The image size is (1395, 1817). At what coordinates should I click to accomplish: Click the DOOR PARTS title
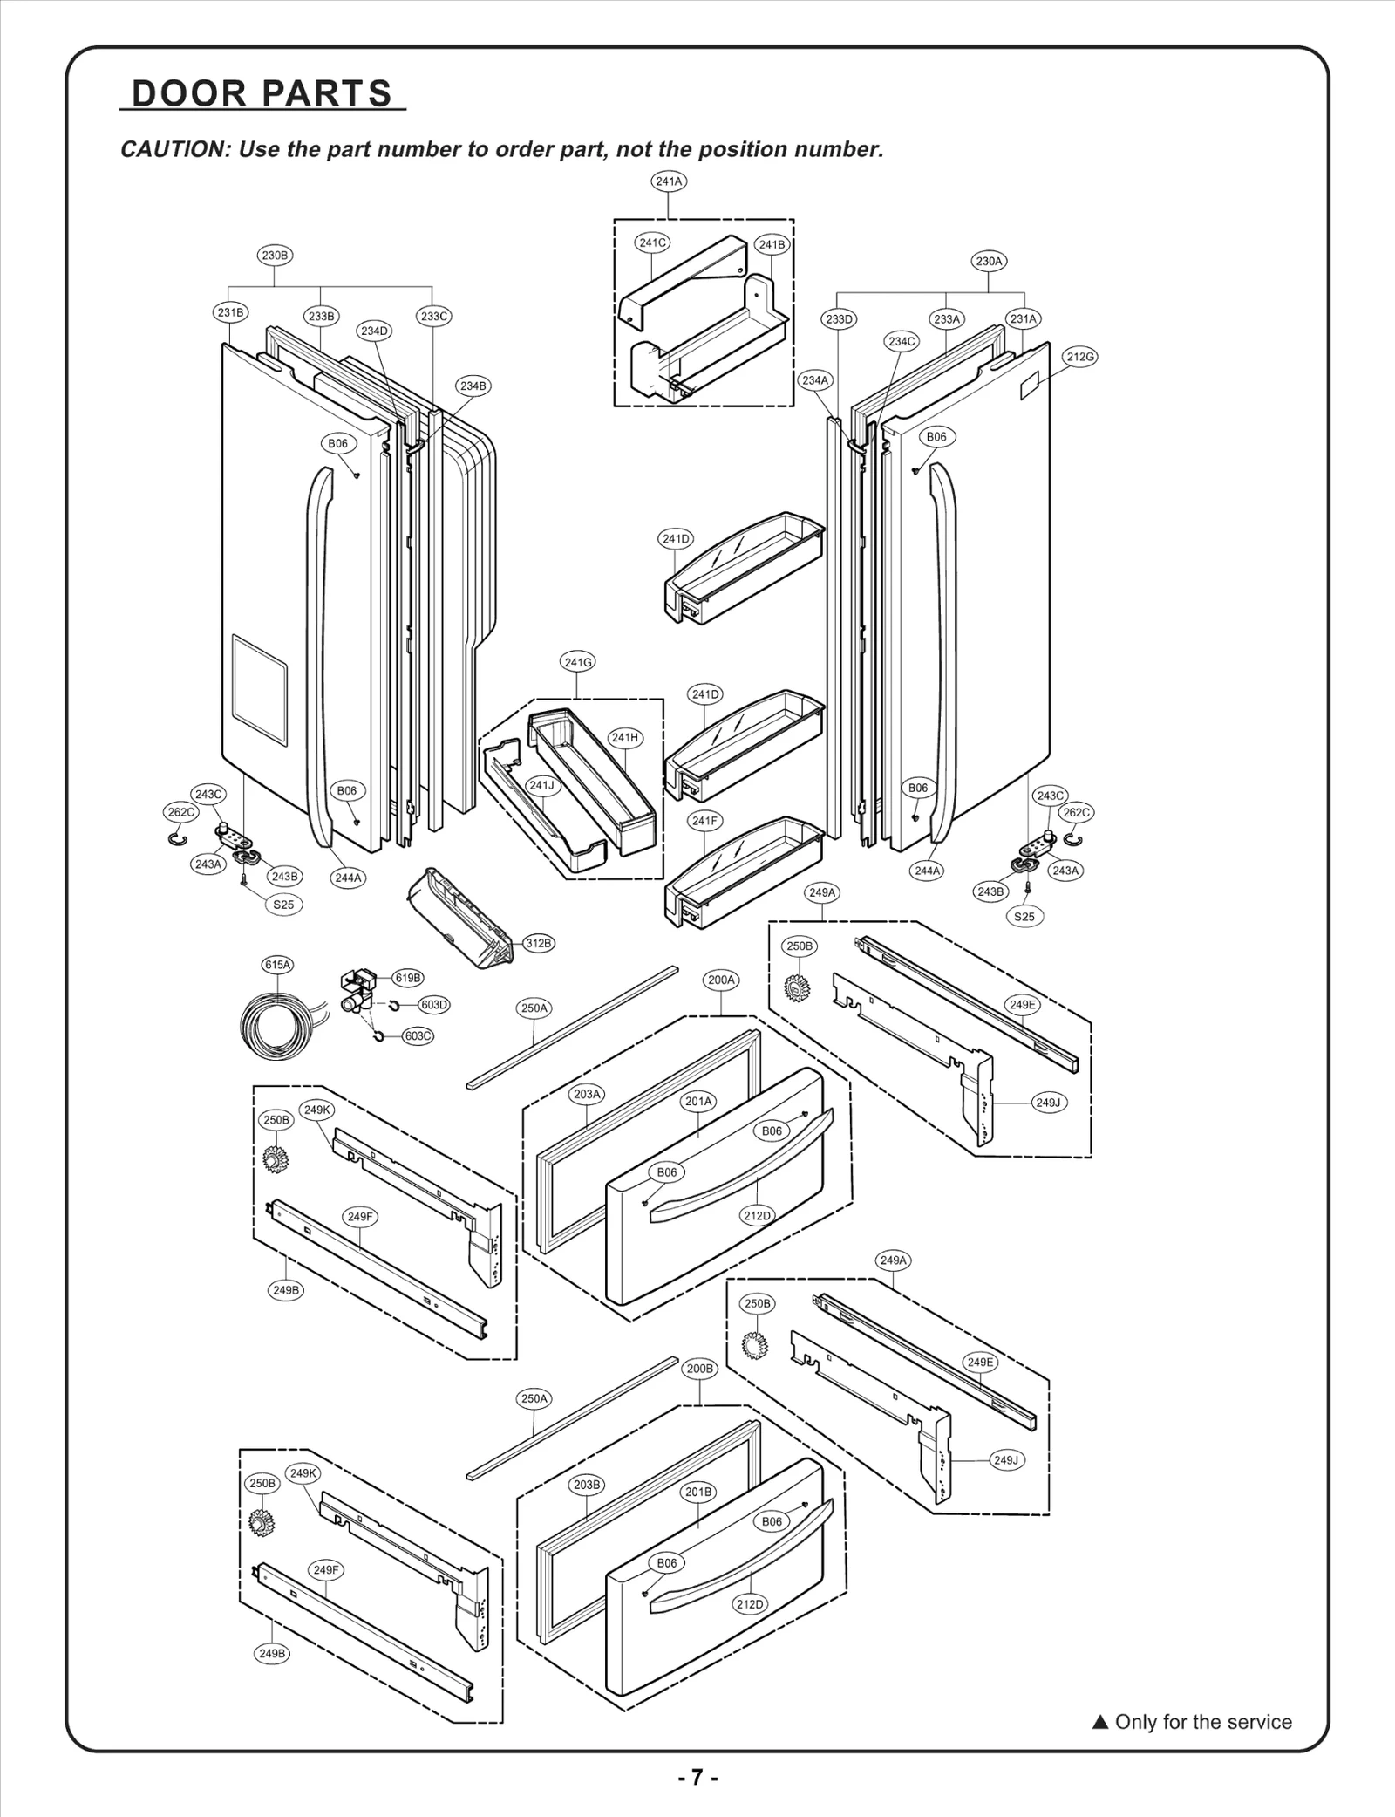click(x=262, y=93)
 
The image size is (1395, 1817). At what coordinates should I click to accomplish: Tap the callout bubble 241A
click(x=669, y=181)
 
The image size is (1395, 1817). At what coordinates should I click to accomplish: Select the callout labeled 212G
click(x=1079, y=357)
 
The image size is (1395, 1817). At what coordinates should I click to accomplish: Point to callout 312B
click(x=538, y=943)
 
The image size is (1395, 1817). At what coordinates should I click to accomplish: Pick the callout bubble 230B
click(x=275, y=256)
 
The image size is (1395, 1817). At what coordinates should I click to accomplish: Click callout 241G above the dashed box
click(x=577, y=662)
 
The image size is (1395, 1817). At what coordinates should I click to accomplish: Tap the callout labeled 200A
click(x=721, y=980)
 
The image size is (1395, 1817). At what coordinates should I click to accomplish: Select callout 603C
click(x=418, y=1036)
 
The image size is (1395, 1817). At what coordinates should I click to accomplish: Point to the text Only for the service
click(x=1202, y=1722)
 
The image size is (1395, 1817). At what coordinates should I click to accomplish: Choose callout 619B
click(x=408, y=978)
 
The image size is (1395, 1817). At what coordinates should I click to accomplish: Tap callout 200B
click(x=700, y=1369)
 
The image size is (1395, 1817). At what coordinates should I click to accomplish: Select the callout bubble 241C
click(x=652, y=242)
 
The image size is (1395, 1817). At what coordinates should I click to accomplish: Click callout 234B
click(x=473, y=386)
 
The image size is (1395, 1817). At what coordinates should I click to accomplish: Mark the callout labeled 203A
click(x=587, y=1094)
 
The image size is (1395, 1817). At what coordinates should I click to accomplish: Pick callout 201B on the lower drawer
click(x=698, y=1492)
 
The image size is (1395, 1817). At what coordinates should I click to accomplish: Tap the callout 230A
click(x=989, y=261)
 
